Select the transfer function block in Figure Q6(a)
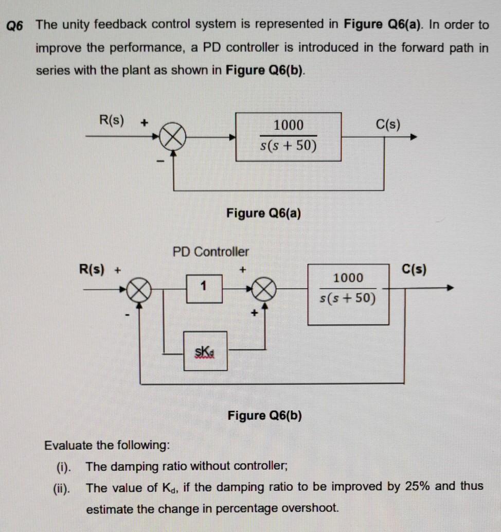[289, 137]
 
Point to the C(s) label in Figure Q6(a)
[388, 125]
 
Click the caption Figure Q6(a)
[263, 212]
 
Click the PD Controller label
[210, 252]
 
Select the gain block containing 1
[204, 289]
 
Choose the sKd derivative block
[205, 351]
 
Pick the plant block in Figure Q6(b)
[348, 294]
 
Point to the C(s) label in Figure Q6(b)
[414, 270]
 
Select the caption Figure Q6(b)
[264, 415]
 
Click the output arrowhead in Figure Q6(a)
[413, 137]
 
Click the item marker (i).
[64, 467]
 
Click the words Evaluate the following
[107, 445]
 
